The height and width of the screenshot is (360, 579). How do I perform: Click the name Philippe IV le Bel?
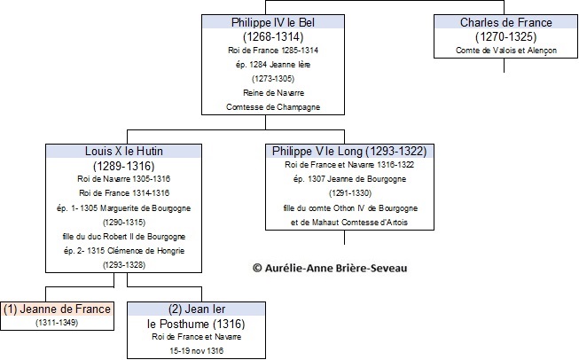click(273, 22)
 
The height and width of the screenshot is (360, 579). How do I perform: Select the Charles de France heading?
click(506, 22)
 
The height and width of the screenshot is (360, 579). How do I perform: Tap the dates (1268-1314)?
click(273, 36)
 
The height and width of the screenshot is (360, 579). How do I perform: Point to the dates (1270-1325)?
click(506, 36)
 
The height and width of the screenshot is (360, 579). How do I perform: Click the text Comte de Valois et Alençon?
click(506, 51)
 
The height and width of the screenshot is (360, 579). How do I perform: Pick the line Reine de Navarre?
click(273, 93)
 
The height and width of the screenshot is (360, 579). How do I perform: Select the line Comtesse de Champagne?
click(273, 107)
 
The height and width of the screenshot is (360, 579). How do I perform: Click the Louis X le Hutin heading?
click(124, 151)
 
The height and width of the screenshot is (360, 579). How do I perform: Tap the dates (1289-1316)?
click(124, 166)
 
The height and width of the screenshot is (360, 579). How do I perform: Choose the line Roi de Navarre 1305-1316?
click(124, 179)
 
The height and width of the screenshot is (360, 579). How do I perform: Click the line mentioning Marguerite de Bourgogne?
click(124, 208)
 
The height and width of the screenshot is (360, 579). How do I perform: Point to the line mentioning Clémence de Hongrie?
click(124, 251)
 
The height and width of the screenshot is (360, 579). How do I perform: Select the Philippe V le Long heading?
click(349, 151)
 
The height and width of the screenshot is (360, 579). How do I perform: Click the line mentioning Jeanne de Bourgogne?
click(349, 179)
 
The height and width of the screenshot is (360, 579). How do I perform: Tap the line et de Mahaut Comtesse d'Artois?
click(349, 223)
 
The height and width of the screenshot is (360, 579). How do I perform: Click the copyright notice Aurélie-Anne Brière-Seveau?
click(330, 268)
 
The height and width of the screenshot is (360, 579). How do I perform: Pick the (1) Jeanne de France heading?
click(57, 309)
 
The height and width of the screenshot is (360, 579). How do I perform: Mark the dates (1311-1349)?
click(57, 323)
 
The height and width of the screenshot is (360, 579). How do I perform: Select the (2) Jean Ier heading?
click(197, 309)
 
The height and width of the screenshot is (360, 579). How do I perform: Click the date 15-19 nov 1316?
click(197, 351)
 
